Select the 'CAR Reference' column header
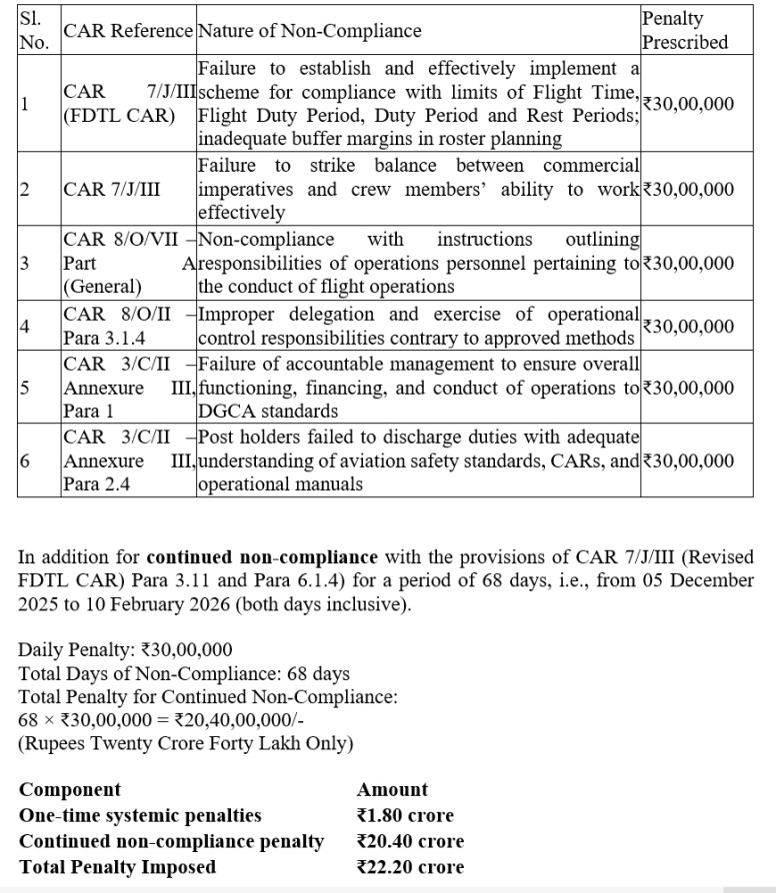127,31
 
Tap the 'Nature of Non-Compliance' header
309,31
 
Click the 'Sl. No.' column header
33,31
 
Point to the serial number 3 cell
25,264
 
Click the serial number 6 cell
25,461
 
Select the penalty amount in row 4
688,327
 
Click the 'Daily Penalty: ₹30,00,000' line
126,650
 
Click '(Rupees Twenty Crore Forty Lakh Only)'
186,744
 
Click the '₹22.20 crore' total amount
410,866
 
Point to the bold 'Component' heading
70,790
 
